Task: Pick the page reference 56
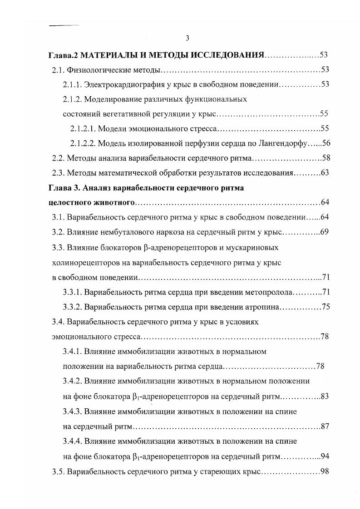325,143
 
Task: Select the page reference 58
325,158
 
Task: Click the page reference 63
325,173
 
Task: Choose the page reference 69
324,232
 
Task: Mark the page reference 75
325,306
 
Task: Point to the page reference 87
324,426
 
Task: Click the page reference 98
324,471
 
